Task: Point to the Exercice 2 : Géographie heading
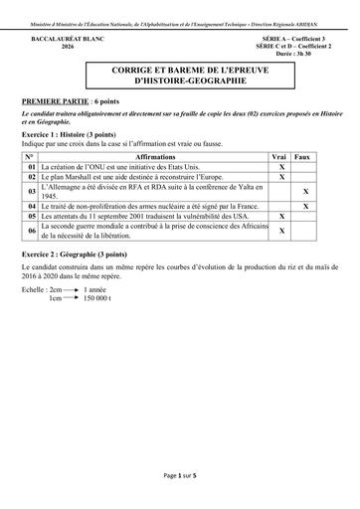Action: (74, 255)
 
